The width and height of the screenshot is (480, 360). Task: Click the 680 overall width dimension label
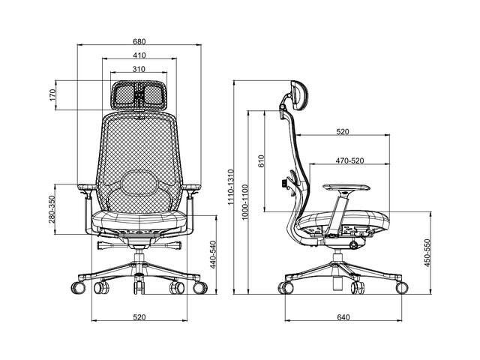point(139,41)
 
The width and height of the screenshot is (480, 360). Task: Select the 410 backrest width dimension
point(139,55)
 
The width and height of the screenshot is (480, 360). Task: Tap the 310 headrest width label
point(139,69)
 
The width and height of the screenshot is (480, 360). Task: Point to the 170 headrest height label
point(53,95)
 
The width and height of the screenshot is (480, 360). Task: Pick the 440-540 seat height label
point(213,255)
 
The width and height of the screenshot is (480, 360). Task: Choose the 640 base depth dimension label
point(343,317)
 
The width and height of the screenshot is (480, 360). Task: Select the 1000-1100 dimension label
point(245,202)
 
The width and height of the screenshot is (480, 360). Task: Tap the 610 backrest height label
point(261,161)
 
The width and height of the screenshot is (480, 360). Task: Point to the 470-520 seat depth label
point(350,160)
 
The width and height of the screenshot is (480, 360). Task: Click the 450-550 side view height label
point(427,253)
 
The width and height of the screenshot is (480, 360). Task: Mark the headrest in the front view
point(139,95)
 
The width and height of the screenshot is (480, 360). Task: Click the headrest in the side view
point(298,94)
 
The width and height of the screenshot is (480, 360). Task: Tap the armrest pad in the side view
point(346,187)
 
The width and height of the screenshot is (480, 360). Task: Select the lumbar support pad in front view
point(139,183)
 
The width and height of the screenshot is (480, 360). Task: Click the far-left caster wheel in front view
point(78,288)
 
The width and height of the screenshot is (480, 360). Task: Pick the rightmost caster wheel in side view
point(402,288)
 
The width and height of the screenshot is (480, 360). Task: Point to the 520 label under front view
point(139,317)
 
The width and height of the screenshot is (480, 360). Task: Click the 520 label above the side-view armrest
point(343,132)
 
